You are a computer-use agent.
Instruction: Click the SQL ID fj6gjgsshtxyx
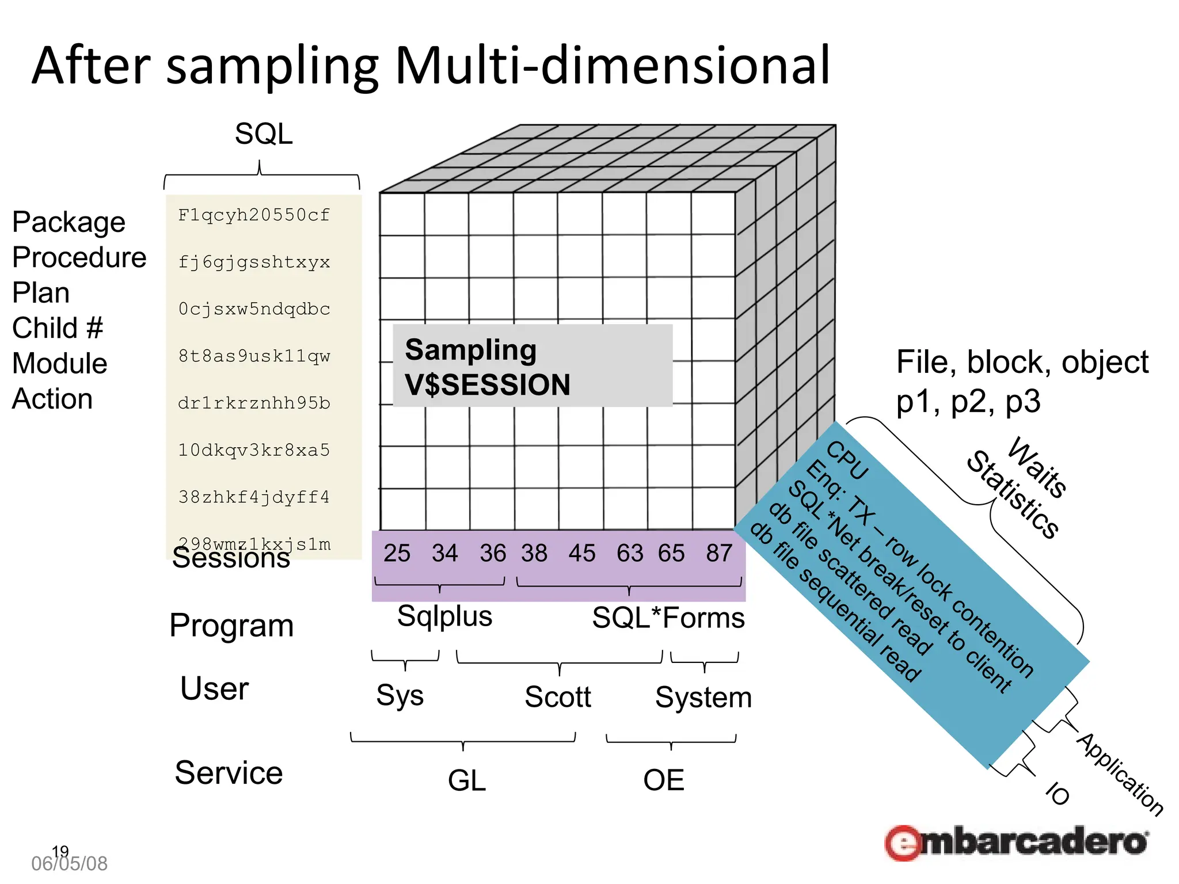[254, 262]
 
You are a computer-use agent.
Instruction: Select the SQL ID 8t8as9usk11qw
[254, 356]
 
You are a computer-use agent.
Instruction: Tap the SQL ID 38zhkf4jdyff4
[254, 497]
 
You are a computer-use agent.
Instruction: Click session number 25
[397, 553]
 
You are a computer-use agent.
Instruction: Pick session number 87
[719, 553]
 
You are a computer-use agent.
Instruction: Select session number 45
[581, 553]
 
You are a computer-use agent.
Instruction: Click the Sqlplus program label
[444, 616]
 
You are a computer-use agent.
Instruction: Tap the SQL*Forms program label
[668, 618]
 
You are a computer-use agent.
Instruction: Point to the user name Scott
[557, 697]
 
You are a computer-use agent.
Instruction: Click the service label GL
[466, 781]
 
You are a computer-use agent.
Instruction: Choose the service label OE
[663, 780]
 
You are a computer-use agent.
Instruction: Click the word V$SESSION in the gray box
[487, 385]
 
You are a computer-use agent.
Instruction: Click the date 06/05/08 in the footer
[69, 864]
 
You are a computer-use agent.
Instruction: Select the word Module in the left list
[60, 364]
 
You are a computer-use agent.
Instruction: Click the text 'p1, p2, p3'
[968, 401]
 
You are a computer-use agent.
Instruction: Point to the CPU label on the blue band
[847, 460]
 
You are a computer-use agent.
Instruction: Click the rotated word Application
[1120, 774]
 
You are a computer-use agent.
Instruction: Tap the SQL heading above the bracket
[264, 134]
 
